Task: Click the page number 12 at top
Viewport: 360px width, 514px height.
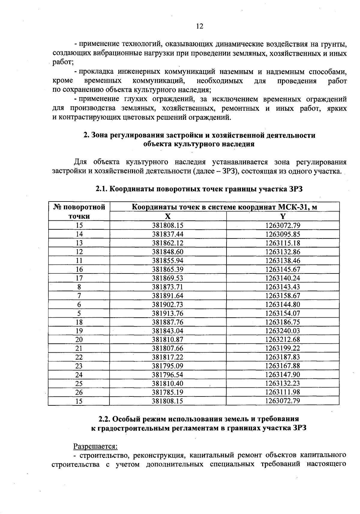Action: click(199, 26)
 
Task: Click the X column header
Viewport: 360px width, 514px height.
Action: click(168, 217)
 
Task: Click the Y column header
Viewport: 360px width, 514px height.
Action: click(283, 217)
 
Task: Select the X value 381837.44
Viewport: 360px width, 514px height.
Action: click(168, 234)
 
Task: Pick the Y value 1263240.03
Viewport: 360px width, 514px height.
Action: click(283, 331)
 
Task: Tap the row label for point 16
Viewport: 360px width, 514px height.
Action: click(79, 269)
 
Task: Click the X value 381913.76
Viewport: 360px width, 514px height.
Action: click(168, 313)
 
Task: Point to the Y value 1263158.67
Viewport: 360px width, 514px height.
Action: click(283, 296)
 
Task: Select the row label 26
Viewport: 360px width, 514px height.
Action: click(79, 392)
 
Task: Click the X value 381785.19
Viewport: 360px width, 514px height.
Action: click(168, 392)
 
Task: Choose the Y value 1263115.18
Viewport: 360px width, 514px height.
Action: click(283, 243)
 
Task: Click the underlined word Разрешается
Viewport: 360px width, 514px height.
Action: click(95, 446)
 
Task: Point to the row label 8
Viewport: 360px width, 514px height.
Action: click(79, 287)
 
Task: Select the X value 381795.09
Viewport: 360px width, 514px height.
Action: click(168, 366)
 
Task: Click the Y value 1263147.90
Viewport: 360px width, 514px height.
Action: click(283, 375)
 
